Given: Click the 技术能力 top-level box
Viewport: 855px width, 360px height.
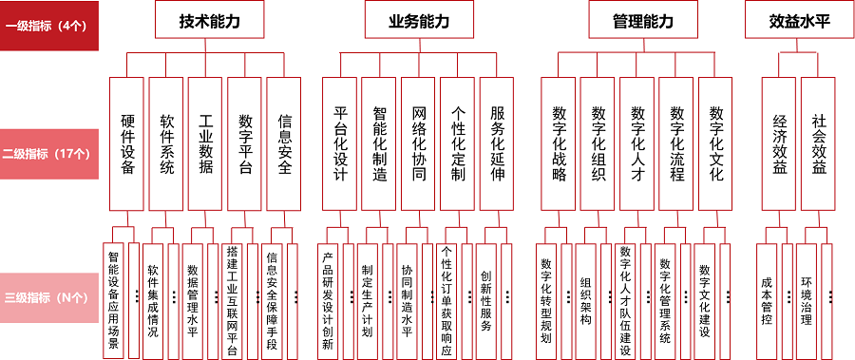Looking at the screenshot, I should (209, 21).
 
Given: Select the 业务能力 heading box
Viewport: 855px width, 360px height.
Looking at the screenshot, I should (419, 21).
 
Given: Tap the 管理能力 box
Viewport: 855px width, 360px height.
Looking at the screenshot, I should (642, 21).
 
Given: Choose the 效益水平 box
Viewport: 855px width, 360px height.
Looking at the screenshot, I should (799, 21).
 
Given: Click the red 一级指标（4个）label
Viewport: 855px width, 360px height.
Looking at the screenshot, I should (49, 26).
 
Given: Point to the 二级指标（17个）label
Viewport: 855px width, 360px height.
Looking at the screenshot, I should (49, 154).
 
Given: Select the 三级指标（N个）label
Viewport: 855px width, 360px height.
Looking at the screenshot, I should (49, 297).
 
